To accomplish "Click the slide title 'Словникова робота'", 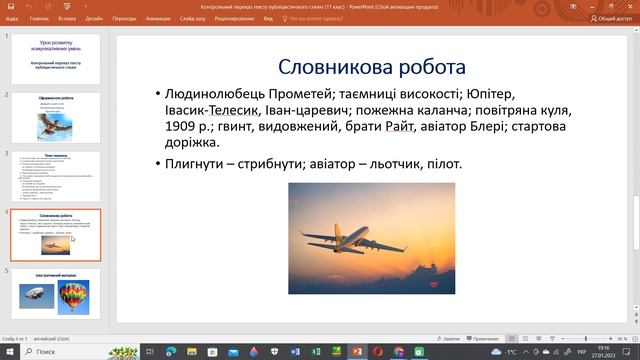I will pos(371,68).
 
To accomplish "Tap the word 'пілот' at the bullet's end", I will pos(439,164).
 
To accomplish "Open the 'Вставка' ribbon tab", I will pos(67,18).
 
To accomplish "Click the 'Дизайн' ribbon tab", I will pos(94,18).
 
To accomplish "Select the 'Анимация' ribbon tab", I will pos(156,18).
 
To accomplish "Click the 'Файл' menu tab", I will pos(12,18).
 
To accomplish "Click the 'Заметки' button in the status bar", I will pos(451,338).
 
